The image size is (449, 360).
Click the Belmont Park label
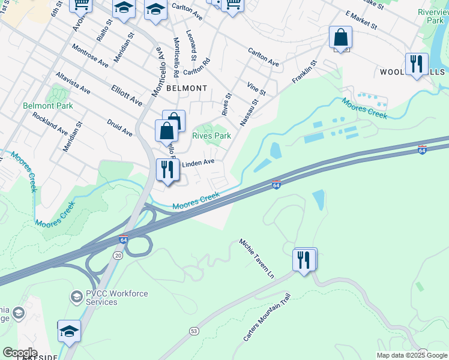[48, 106]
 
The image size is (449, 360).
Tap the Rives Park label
[211, 136]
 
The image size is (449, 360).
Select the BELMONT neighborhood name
[187, 88]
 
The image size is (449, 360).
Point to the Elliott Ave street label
[127, 95]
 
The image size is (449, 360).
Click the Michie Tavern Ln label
[256, 259]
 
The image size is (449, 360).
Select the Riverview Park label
[434, 16]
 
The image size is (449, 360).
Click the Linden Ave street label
[198, 163]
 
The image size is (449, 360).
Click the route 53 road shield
[193, 331]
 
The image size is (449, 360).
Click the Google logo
[20, 352]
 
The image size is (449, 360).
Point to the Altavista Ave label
[73, 83]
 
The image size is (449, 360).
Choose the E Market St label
[361, 20]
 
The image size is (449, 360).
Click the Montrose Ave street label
[89, 56]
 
